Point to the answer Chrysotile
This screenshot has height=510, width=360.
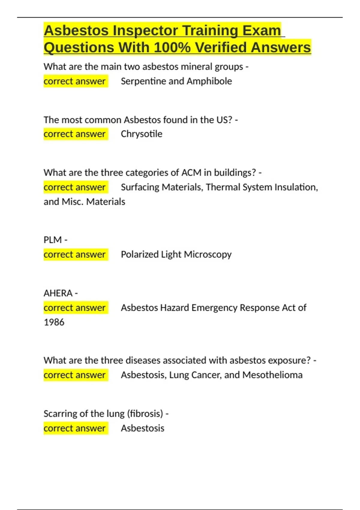(x=141, y=134)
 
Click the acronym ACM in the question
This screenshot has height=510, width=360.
(x=191, y=172)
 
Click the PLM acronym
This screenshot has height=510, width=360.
(x=52, y=240)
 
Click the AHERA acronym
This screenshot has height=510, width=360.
(x=58, y=293)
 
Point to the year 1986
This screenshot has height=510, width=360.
(x=54, y=322)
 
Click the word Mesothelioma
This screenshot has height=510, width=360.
(x=272, y=375)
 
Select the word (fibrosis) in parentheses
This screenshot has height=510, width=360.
(x=145, y=414)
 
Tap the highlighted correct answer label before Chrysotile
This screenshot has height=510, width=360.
(x=75, y=134)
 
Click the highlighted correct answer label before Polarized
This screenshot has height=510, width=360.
(x=75, y=254)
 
